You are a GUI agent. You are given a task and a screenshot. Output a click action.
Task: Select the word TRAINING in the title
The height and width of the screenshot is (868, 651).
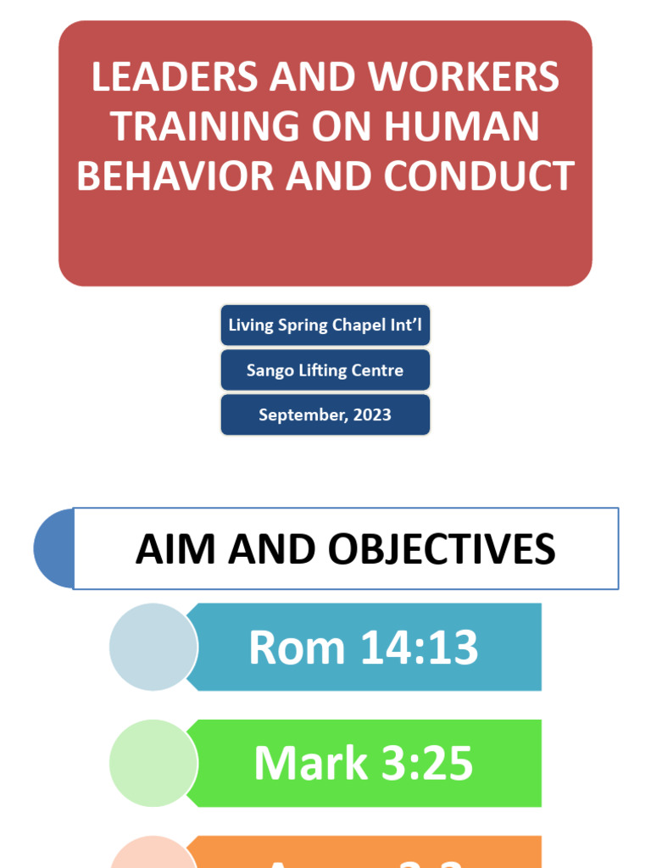(x=194, y=126)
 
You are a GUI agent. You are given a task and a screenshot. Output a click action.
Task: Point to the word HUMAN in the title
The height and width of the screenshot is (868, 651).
(x=462, y=126)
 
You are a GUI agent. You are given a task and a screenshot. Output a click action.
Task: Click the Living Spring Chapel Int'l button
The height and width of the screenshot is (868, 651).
(x=325, y=325)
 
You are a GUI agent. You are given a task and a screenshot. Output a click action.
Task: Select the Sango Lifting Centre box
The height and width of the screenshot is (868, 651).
(x=325, y=370)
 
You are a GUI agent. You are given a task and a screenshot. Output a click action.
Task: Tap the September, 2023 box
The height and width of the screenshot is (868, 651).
(x=325, y=415)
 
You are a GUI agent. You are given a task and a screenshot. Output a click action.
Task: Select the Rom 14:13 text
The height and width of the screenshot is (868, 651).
(x=364, y=648)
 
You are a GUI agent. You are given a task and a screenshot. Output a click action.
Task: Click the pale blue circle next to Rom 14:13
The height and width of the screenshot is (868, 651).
(x=153, y=647)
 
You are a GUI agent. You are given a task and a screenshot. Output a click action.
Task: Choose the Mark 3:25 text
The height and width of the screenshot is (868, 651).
(x=364, y=764)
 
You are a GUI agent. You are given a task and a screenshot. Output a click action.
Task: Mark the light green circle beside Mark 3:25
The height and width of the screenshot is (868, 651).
(x=153, y=763)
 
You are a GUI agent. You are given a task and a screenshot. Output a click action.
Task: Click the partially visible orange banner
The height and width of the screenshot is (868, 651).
(x=364, y=854)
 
